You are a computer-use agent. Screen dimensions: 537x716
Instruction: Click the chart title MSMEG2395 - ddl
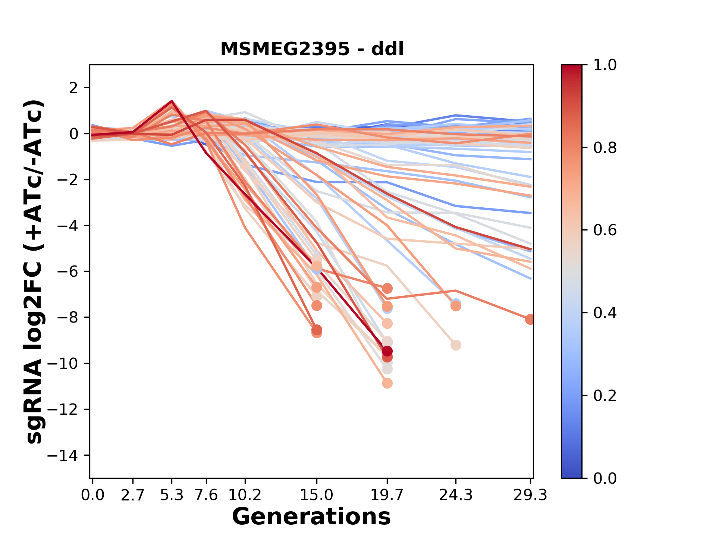[312, 49]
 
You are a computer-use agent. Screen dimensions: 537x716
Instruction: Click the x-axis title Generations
[311, 517]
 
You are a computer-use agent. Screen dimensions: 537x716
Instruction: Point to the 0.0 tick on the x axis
[92, 495]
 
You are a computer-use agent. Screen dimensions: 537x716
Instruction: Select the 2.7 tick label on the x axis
[133, 495]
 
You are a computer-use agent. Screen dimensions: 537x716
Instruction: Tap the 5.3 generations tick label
[172, 495]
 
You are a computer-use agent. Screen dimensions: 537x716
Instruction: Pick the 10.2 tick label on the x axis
[245, 495]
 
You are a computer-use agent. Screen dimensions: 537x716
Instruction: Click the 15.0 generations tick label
[317, 495]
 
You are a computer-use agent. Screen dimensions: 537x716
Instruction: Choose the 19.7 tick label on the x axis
[387, 495]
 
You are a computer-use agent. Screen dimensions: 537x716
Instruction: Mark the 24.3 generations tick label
[456, 495]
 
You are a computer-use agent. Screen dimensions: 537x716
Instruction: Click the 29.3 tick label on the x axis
[530, 495]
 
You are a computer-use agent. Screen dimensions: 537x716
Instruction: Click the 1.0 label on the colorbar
[605, 65]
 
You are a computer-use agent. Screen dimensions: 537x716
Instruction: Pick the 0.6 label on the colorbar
[605, 230]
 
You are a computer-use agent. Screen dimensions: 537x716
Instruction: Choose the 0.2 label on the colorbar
[605, 396]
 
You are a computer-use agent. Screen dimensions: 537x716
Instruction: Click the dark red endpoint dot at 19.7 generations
[387, 351]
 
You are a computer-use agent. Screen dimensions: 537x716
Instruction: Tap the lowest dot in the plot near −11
[387, 383]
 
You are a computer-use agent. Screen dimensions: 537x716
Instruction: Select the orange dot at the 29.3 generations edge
[530, 319]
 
